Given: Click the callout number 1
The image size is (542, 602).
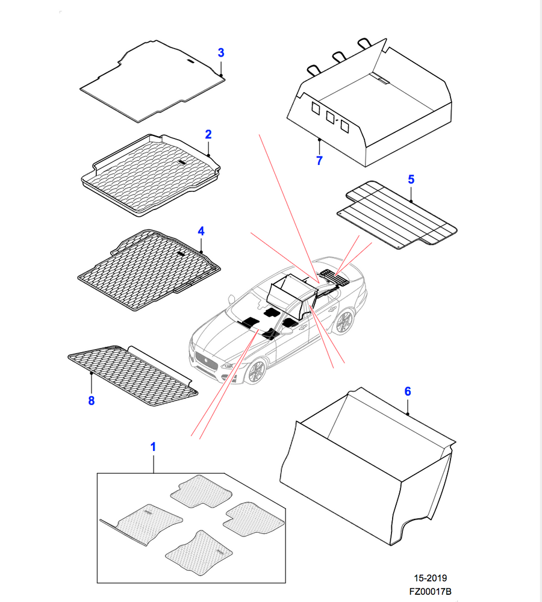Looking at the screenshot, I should coord(153,447).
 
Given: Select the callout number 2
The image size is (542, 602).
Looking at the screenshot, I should coord(208,134).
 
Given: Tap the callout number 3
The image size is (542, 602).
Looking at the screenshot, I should coord(221,53).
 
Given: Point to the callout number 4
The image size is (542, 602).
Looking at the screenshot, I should coord(201,231).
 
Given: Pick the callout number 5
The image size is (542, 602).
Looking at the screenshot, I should coord(411,179).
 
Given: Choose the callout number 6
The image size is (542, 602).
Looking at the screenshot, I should coord(407,391).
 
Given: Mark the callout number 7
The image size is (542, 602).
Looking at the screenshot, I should coord(319,161).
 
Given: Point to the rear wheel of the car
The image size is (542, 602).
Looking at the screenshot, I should coord(344,322).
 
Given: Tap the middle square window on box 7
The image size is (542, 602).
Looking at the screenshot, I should coord(330,117).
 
